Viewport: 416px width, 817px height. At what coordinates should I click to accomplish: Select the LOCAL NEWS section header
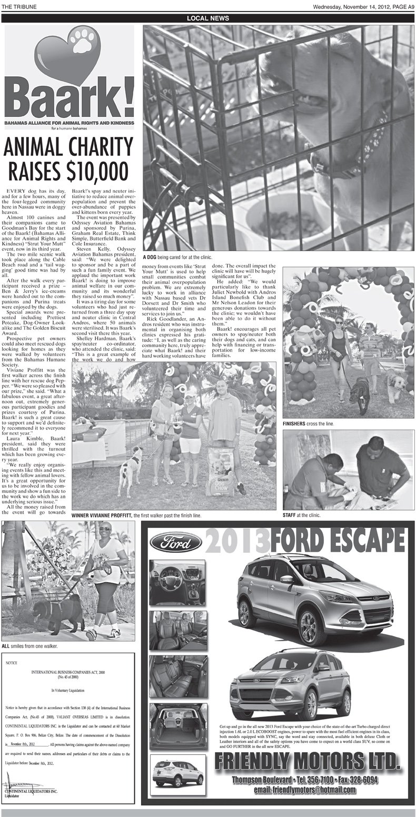tap(208, 18)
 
